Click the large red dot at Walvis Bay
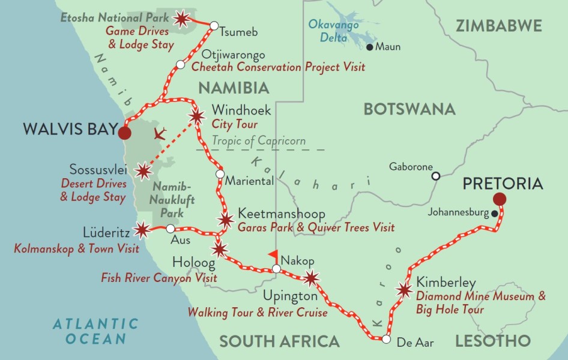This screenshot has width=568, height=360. tap(124, 133)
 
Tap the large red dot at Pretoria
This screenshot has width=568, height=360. tap(499, 199)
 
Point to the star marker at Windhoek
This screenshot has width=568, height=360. tap(196, 116)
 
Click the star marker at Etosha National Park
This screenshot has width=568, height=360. tap(181, 19)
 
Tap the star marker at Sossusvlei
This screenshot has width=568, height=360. tap(143, 172)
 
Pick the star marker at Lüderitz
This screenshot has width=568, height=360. tap(142, 229)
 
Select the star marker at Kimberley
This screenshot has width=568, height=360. tap(404, 290)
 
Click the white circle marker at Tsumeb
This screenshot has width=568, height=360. tap(213, 25)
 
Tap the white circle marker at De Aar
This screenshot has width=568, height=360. tap(386, 340)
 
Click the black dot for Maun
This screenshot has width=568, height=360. tap(369, 47)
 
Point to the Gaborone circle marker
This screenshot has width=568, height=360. tap(437, 176)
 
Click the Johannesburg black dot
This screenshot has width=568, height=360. tap(494, 213)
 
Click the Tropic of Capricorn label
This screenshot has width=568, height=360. tap(258, 141)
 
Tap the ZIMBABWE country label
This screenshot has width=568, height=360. tap(499, 26)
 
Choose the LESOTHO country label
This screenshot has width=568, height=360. tap(493, 341)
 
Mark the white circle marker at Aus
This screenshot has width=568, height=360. tap(170, 229)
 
